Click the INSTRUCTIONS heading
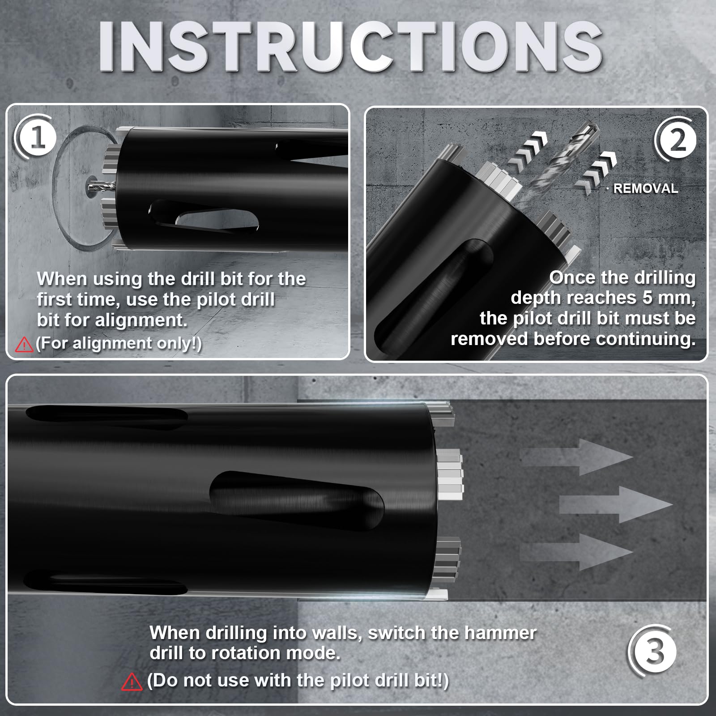click(350, 46)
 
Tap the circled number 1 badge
click(36, 137)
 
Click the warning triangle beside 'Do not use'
click(132, 682)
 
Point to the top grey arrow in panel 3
click(577, 457)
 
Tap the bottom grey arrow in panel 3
click(577, 552)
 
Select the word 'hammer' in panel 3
click(500, 633)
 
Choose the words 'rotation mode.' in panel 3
click(276, 653)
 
